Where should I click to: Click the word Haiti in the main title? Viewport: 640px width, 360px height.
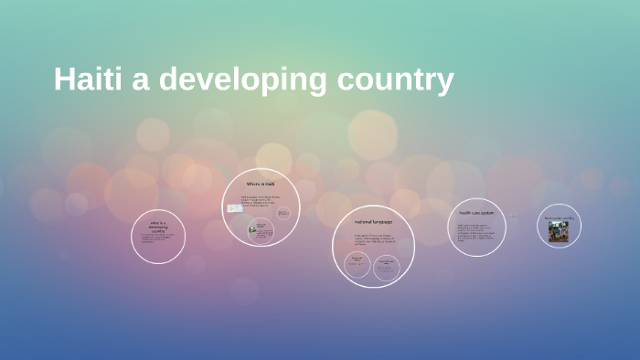89,79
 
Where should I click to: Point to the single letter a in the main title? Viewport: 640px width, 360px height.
142,81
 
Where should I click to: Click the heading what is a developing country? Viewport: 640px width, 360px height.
158,226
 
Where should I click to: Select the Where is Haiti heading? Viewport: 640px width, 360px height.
260,185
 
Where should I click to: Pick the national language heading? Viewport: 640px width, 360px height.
373,222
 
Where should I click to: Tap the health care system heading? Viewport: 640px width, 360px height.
476,213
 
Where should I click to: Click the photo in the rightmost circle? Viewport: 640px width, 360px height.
558,231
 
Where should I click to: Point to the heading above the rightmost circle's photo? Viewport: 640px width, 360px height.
559,218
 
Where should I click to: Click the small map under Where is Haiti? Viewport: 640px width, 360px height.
235,208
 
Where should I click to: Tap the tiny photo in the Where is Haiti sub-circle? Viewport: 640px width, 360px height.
252,230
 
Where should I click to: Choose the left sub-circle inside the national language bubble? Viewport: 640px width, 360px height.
357,264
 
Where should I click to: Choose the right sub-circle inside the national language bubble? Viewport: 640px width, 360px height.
386,266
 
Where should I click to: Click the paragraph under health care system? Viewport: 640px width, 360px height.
476,233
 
